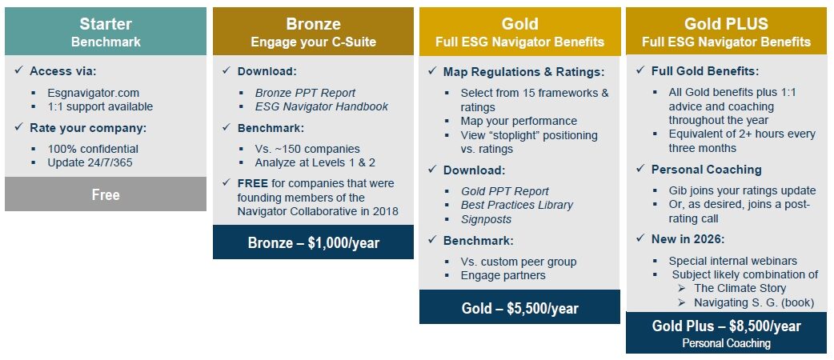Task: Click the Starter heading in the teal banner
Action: (x=105, y=23)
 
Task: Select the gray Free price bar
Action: (x=105, y=194)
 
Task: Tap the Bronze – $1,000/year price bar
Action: (x=313, y=242)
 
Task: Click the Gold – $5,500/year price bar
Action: (x=519, y=308)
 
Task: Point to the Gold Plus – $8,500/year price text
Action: (x=726, y=326)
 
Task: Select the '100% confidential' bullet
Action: (x=93, y=149)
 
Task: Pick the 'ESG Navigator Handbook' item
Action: (x=322, y=106)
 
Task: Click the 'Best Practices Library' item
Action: (x=517, y=205)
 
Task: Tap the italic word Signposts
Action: (x=486, y=218)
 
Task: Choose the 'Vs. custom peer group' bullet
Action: (x=519, y=262)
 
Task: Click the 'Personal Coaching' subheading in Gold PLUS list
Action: (x=706, y=170)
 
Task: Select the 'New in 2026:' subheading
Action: (x=688, y=239)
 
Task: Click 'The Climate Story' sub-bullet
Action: (x=740, y=288)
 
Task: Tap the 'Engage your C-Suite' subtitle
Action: (x=313, y=42)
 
